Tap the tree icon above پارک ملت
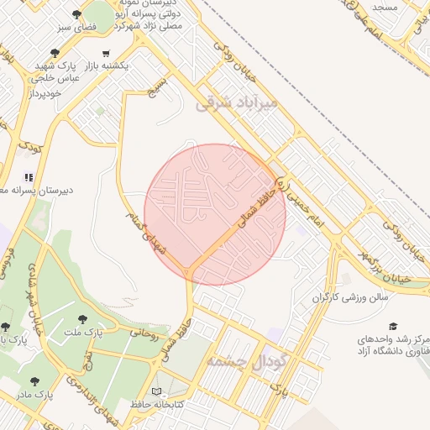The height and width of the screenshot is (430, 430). tap(82, 319)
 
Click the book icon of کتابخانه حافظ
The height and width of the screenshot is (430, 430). tap(157, 391)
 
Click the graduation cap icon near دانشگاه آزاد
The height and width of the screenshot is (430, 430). tap(393, 326)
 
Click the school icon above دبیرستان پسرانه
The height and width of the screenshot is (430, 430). tap(28, 177)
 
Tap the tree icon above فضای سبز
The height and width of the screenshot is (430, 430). tap(77, 14)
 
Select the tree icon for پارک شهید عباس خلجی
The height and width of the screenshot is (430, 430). tap(55, 52)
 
